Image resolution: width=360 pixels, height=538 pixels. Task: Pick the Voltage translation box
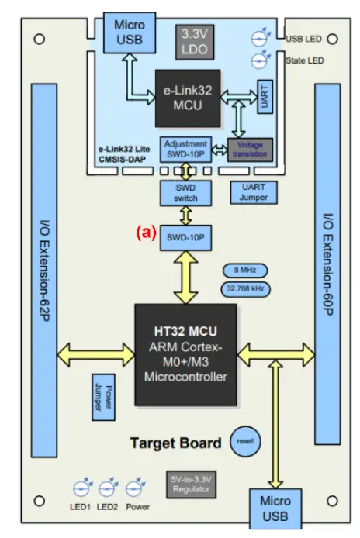tap(250, 149)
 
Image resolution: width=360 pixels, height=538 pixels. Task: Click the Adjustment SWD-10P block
tap(185, 148)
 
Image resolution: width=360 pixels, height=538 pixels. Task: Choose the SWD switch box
tap(185, 192)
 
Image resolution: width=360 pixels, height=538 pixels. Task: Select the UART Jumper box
tap(254, 192)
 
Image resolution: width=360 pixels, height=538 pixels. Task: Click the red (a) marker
tap(146, 232)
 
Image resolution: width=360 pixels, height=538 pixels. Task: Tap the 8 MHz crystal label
tap(244, 271)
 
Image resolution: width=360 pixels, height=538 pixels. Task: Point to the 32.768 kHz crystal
tap(244, 288)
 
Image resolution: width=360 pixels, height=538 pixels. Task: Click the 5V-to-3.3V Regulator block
tap(190, 485)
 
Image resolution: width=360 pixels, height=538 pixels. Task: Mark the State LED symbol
tap(261, 60)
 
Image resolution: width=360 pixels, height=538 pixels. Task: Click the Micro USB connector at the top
tap(130, 33)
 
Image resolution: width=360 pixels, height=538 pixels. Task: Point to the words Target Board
tap(175, 443)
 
